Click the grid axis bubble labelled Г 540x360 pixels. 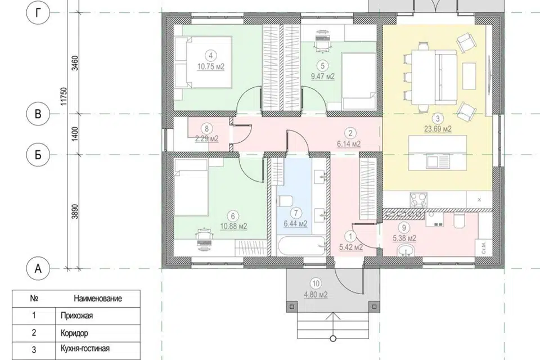[38, 13]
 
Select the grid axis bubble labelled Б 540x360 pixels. [38, 155]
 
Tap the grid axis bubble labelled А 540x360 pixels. [38, 268]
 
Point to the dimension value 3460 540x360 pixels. [76, 63]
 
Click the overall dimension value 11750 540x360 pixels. [64, 96]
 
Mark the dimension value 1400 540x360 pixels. [76, 134]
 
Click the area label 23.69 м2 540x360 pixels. [438, 129]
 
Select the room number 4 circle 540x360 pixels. [210, 55]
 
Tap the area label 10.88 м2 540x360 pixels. [233, 226]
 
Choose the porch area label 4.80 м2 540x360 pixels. [316, 295]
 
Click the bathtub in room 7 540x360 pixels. [301, 246]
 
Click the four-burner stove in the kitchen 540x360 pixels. [418, 200]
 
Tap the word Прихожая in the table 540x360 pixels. [76, 316]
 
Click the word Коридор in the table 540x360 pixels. [74, 333]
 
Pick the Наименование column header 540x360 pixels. [98, 298]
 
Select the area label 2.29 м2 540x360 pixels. [206, 139]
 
